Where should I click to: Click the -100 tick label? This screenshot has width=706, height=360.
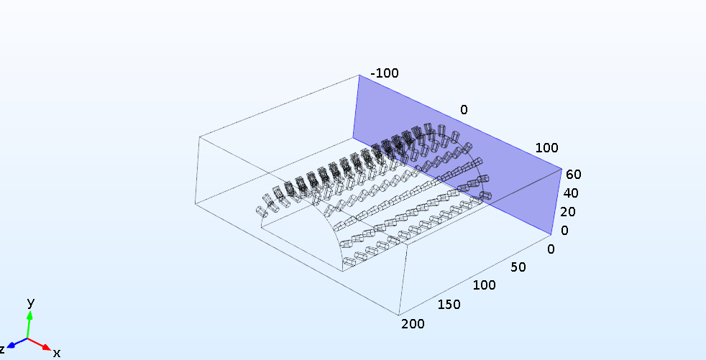pyautogui.click(x=385, y=73)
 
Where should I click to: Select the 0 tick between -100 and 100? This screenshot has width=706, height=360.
pyautogui.click(x=464, y=109)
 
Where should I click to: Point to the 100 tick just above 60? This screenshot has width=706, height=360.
pyautogui.click(x=546, y=147)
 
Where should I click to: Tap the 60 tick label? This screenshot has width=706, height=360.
pyautogui.click(x=572, y=174)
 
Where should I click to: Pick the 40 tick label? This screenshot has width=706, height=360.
pyautogui.click(x=571, y=193)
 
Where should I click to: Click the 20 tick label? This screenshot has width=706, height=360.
pyautogui.click(x=569, y=211)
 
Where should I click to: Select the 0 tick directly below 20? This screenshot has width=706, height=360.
pyautogui.click(x=564, y=231)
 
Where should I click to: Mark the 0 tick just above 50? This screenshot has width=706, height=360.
pyautogui.click(x=551, y=249)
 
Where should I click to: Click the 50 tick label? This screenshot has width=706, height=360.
pyautogui.click(x=518, y=267)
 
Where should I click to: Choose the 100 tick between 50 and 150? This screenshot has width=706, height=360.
pyautogui.click(x=484, y=285)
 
